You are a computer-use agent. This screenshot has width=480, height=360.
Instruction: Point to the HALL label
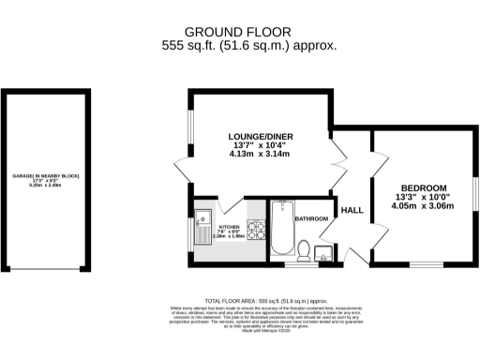pos(352,211)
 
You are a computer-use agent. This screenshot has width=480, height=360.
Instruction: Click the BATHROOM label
pos(311,218)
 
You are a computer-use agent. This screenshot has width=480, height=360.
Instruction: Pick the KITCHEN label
pos(230,227)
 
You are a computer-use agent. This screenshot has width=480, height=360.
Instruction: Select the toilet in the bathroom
pos(304,248)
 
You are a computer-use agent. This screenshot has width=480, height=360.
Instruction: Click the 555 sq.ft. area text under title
pos(249,44)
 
